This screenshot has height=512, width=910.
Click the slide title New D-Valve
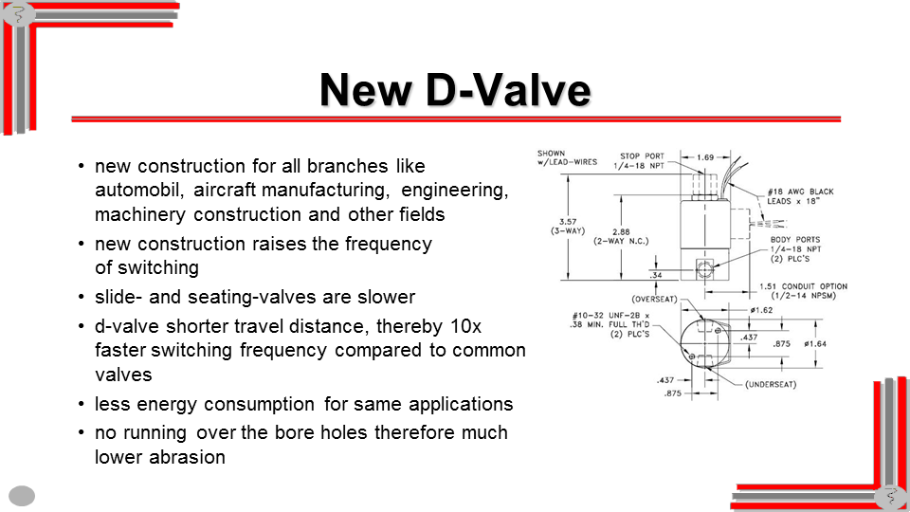click(x=455, y=90)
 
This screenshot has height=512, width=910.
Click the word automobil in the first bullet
click(x=140, y=190)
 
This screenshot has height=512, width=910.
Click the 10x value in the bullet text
click(x=466, y=327)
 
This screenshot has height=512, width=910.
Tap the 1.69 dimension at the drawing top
click(x=705, y=157)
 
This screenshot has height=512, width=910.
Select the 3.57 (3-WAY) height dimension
click(x=568, y=226)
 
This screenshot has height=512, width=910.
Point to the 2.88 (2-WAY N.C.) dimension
click(x=621, y=236)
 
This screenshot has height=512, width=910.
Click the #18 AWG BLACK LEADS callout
click(x=800, y=196)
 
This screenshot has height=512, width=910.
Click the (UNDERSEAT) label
click(x=771, y=384)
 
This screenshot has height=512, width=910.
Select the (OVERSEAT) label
click(x=655, y=299)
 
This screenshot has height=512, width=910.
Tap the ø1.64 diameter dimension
click(x=815, y=343)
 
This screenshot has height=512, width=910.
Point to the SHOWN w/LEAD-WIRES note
click(x=567, y=158)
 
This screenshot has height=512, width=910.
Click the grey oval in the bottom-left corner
click(x=22, y=496)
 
